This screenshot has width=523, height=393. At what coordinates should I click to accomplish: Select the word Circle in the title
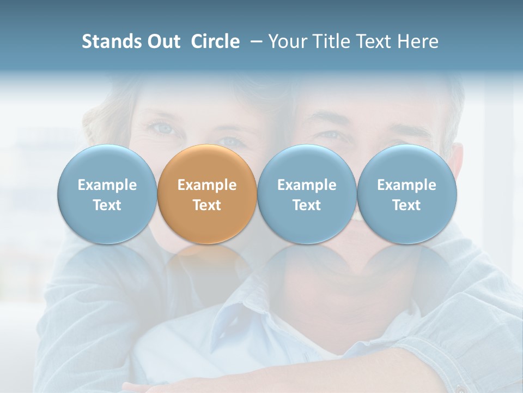click(x=215, y=41)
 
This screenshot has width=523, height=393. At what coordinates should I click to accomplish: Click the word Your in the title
click(x=289, y=41)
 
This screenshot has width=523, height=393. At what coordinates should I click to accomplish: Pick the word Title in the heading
click(x=332, y=41)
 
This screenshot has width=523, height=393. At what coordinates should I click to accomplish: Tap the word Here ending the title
click(x=418, y=41)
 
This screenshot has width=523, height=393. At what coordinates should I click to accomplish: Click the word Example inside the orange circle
click(x=207, y=185)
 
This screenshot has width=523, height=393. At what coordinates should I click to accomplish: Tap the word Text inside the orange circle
click(x=207, y=205)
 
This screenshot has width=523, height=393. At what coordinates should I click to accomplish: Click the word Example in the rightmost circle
click(x=407, y=185)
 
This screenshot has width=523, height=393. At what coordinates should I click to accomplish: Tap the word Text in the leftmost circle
click(x=107, y=205)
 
